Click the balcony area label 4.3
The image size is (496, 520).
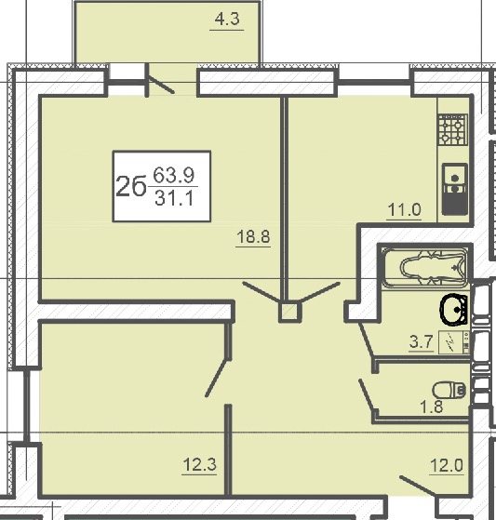[227, 20]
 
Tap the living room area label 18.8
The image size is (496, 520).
[253, 237]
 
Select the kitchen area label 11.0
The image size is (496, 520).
[405, 209]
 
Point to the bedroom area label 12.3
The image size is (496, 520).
[199, 464]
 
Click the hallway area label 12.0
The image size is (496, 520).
[447, 465]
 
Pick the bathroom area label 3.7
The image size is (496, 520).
[422, 341]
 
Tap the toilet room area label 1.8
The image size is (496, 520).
[432, 407]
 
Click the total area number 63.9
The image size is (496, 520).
[173, 176]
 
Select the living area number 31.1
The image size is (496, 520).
[174, 198]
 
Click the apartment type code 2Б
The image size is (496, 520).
[130, 186]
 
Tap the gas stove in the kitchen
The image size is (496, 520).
[453, 130]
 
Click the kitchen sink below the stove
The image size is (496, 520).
[455, 189]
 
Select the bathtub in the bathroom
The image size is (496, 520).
[425, 267]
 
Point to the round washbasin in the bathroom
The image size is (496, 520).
[453, 309]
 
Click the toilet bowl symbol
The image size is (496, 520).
[449, 390]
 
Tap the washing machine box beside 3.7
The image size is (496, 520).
[453, 342]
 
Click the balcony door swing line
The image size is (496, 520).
[161, 85]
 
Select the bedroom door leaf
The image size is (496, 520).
[218, 378]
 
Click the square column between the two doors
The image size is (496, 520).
[290, 312]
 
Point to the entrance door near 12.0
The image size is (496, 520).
[418, 487]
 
